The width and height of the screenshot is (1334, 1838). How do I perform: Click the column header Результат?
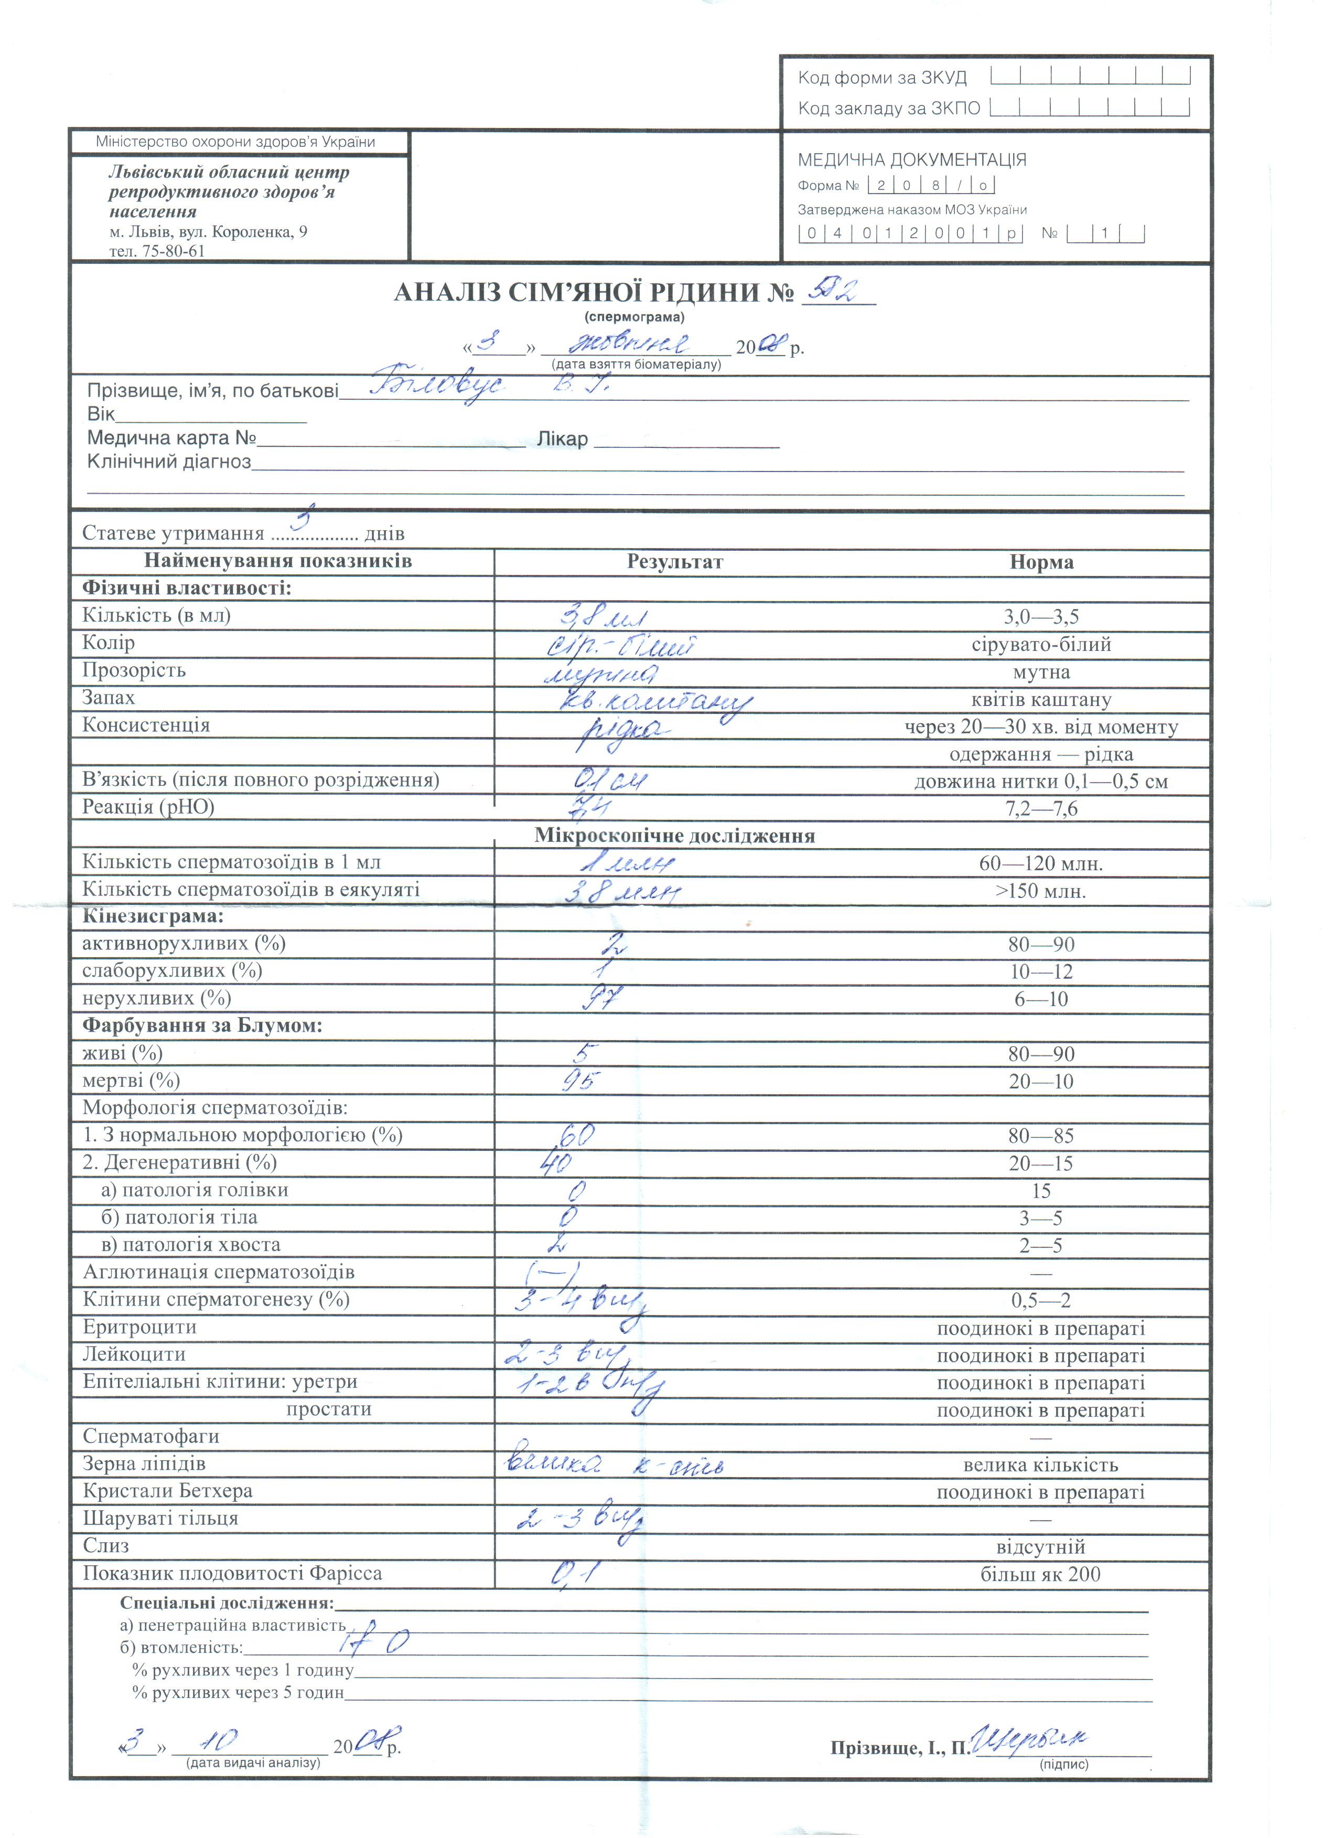coord(675,562)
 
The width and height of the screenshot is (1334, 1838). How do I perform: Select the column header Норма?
coord(1041,562)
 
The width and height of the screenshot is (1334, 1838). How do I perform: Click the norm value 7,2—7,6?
coord(1041,809)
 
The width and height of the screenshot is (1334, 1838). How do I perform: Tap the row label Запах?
coord(109,698)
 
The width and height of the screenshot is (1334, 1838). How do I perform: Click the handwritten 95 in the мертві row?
coord(580,1080)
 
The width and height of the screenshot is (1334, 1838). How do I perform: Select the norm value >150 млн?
coord(1041,891)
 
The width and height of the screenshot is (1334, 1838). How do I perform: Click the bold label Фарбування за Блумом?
coord(202,1026)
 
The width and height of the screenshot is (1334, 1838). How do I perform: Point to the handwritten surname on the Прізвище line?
coord(437,384)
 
